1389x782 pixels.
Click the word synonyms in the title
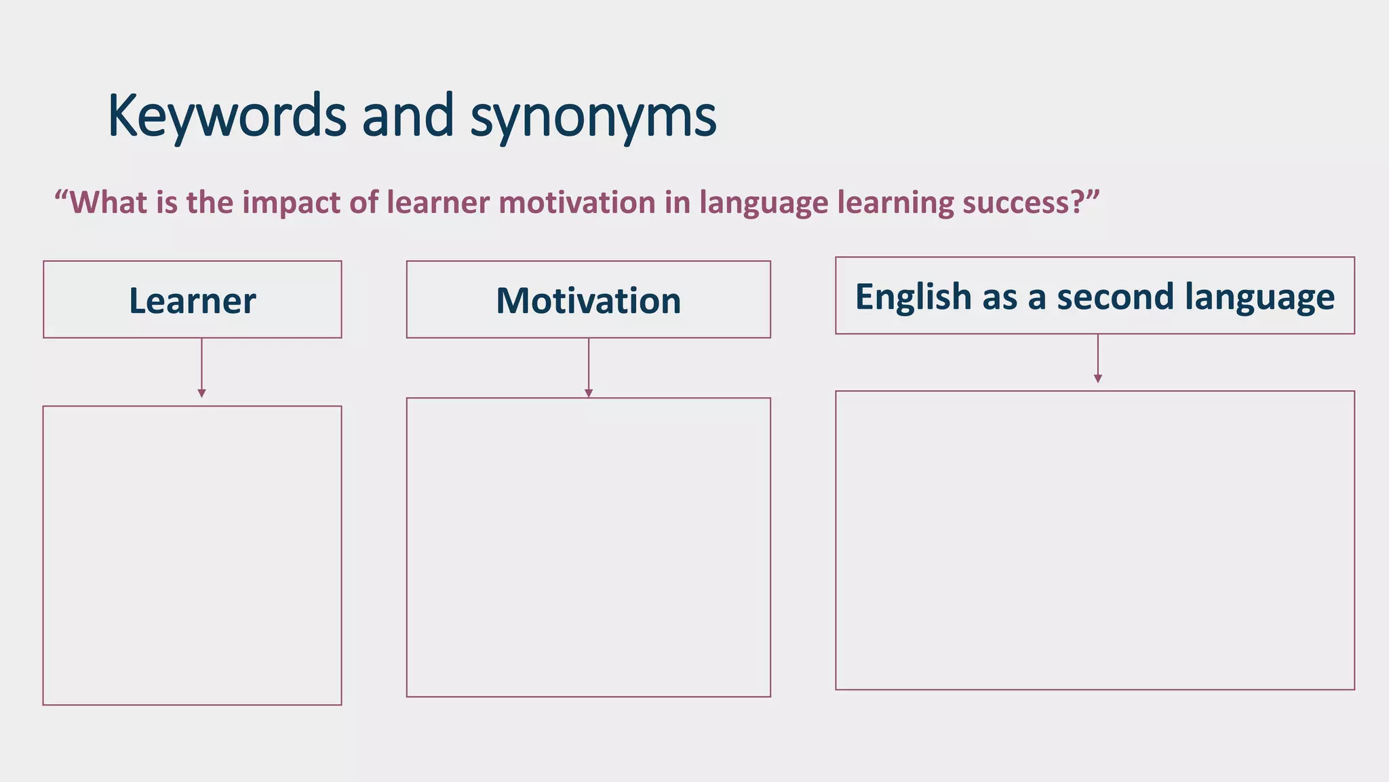pos(593,117)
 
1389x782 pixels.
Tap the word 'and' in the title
pos(408,115)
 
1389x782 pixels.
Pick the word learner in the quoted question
pos(438,202)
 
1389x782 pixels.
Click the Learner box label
pos(193,301)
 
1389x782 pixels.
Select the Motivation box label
pos(588,301)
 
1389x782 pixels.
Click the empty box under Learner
pos(193,555)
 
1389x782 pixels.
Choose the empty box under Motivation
pos(588,547)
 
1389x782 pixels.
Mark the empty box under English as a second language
pos(1095,540)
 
